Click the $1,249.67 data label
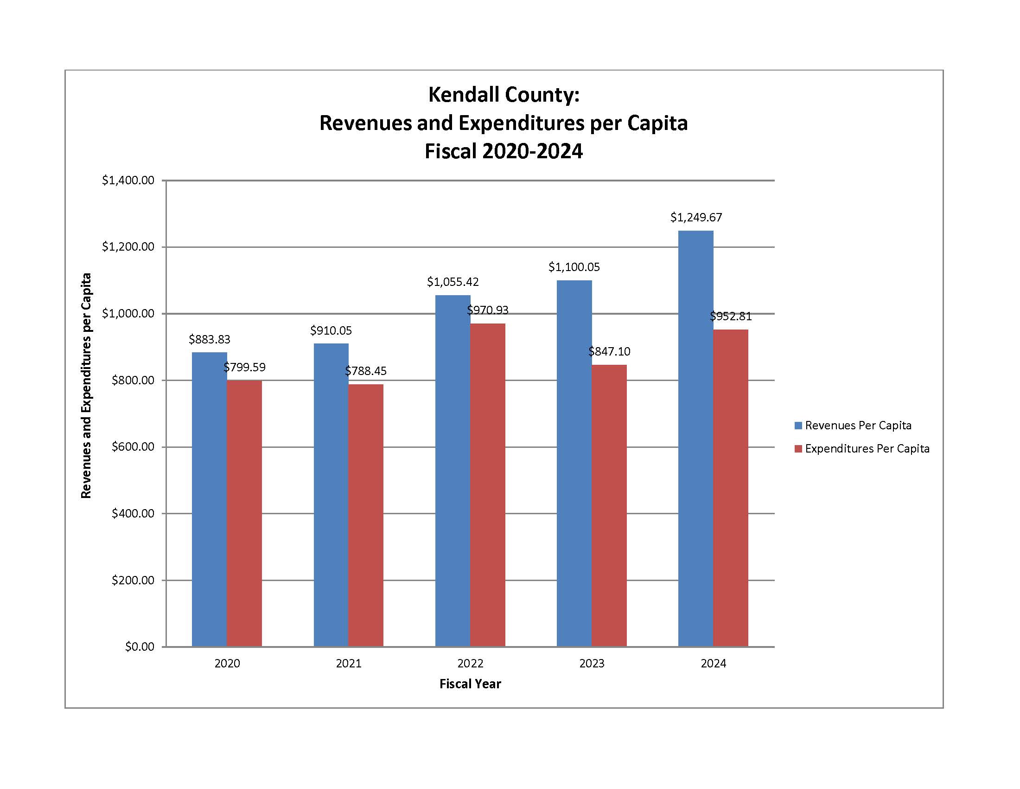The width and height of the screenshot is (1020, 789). [696, 217]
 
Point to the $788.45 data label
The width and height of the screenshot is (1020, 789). [366, 371]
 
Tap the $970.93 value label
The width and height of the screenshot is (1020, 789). [488, 310]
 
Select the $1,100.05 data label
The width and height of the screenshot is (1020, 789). [574, 267]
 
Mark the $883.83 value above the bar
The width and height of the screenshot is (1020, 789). [209, 339]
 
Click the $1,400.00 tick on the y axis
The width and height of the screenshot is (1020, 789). [128, 181]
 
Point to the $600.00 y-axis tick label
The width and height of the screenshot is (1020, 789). [133, 447]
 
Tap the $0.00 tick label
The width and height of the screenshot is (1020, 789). [139, 647]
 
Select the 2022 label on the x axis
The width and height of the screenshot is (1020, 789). [470, 663]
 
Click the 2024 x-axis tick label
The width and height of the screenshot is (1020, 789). [713, 663]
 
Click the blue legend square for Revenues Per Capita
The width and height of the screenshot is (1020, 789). [798, 425]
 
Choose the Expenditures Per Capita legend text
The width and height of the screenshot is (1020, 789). [867, 449]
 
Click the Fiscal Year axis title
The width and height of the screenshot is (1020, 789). [470, 684]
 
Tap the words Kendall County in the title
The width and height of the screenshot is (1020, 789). [504, 95]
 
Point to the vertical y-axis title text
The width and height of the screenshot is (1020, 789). [86, 386]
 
